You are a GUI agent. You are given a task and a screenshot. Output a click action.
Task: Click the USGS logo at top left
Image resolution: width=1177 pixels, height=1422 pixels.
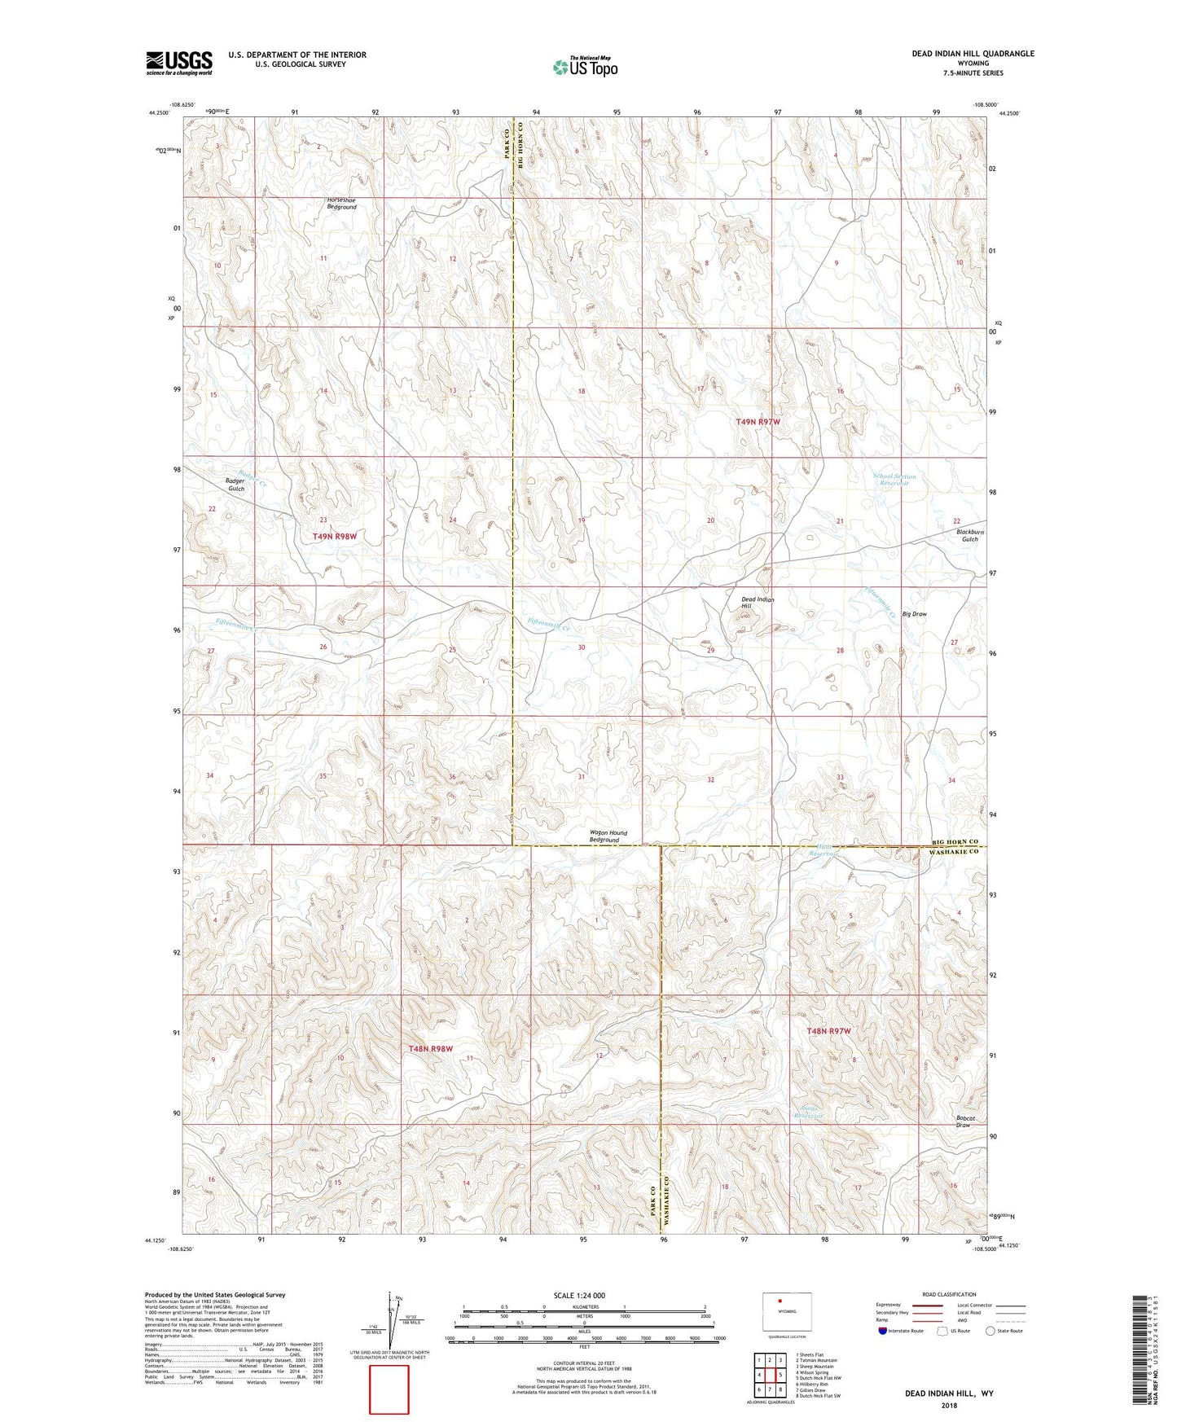tap(179, 62)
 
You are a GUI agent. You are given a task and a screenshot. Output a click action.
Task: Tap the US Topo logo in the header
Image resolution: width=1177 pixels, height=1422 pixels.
tap(585, 67)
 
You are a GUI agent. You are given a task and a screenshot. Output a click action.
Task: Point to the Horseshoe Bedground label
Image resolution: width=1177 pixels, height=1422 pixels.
tap(341, 204)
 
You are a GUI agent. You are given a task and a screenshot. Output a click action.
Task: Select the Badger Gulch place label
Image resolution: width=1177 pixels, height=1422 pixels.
tap(235, 485)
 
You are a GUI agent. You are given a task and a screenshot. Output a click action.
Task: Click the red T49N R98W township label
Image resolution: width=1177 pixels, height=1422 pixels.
tap(335, 537)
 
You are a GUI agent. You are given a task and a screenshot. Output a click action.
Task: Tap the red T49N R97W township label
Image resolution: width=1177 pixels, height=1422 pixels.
tap(758, 422)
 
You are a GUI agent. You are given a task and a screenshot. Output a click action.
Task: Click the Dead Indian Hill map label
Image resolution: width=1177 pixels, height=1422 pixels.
tap(757, 603)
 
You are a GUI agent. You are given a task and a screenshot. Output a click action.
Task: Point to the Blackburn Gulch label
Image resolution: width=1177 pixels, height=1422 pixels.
tap(969, 535)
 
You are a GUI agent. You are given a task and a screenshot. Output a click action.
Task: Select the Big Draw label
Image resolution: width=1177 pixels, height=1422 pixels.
tap(914, 614)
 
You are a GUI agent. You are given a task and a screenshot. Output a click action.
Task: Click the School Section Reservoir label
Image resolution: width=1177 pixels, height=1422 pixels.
tap(894, 480)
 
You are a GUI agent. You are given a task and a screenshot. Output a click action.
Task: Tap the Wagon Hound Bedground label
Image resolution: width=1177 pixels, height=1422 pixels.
tap(608, 836)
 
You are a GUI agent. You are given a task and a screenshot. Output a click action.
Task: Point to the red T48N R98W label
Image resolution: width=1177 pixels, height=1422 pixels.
tap(430, 1049)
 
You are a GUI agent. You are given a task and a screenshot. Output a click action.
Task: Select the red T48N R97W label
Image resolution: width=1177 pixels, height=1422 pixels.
tap(828, 1031)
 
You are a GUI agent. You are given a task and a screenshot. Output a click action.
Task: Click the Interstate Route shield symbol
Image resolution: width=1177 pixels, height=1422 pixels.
tap(884, 1331)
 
